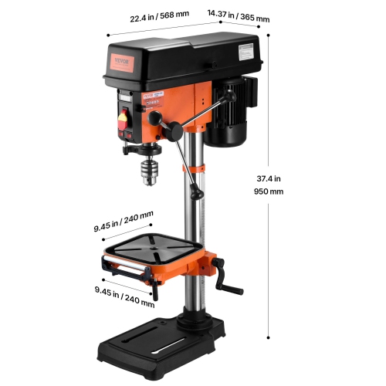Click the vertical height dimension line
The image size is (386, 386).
(268, 185)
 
